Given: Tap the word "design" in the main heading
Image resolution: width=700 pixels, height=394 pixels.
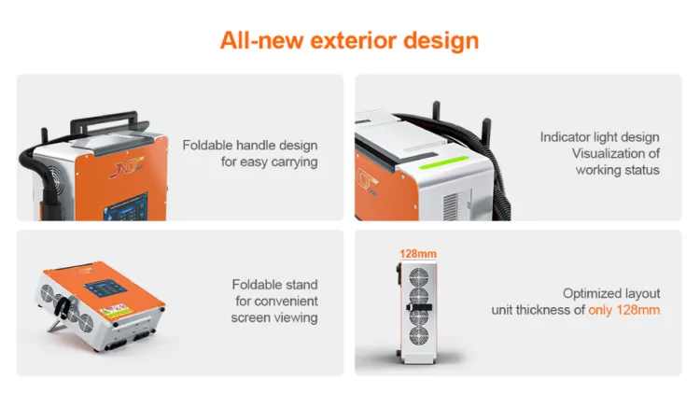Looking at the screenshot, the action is click(441, 42).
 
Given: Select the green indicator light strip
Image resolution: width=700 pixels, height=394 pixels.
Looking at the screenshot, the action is click(443, 162).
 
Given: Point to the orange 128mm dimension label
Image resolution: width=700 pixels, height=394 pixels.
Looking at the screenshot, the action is click(418, 254).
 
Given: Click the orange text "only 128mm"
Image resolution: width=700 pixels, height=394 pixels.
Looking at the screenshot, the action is click(623, 310).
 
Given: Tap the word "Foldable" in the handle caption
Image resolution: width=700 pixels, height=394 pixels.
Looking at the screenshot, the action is click(207, 145).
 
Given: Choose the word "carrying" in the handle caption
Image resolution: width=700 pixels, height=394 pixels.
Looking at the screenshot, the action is click(294, 162).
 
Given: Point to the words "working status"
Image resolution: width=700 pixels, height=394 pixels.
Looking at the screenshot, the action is click(618, 170).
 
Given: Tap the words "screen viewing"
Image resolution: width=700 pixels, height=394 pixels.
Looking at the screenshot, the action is click(274, 317).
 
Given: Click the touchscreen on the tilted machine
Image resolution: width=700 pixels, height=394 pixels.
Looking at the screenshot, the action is click(105, 288).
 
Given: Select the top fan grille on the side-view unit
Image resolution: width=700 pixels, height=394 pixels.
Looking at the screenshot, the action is click(419, 277).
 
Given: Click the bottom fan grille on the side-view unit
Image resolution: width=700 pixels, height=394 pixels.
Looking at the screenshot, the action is click(419, 336).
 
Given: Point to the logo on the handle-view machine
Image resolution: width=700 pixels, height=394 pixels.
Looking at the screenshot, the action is click(127, 167).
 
